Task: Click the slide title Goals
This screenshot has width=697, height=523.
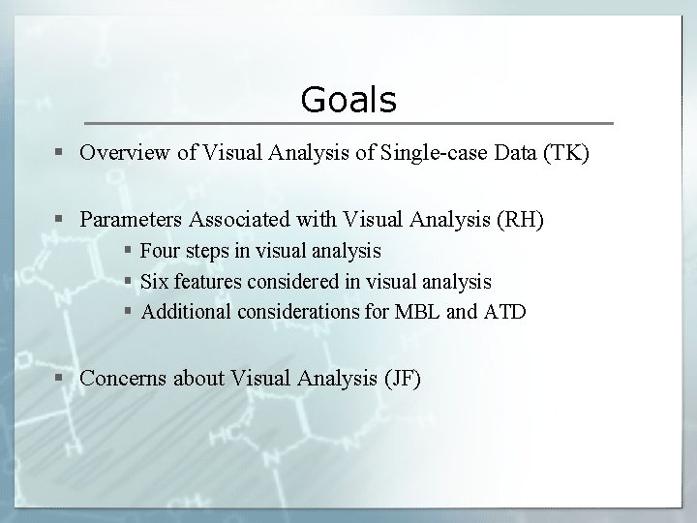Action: tap(348, 99)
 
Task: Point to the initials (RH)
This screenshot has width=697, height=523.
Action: tap(523, 220)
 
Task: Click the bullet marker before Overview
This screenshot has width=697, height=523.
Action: tap(62, 153)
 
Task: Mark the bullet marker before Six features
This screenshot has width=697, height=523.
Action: tap(129, 283)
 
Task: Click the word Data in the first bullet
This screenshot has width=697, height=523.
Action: tap(512, 152)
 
